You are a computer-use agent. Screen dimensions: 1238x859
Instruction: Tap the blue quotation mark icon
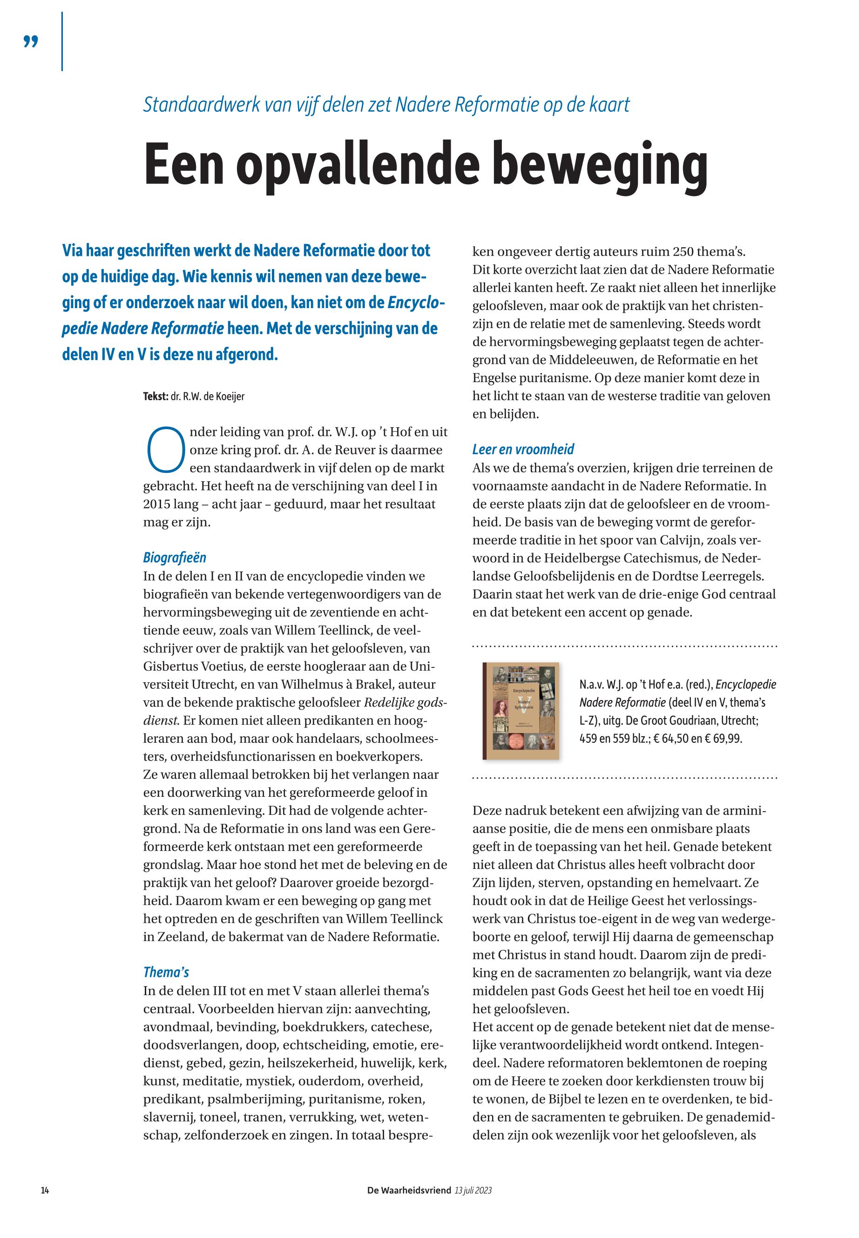pos(31,41)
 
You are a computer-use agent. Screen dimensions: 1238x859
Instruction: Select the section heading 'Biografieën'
pos(175,558)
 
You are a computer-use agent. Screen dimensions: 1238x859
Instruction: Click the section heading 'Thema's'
pos(166,972)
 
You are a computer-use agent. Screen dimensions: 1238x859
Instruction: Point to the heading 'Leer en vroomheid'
pos(523,449)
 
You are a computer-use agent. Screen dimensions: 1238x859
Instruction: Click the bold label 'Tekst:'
pos(156,397)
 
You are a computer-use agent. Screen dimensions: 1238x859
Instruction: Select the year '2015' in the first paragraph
pos(156,504)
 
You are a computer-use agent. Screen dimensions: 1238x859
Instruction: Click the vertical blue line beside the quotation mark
pos(62,41)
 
